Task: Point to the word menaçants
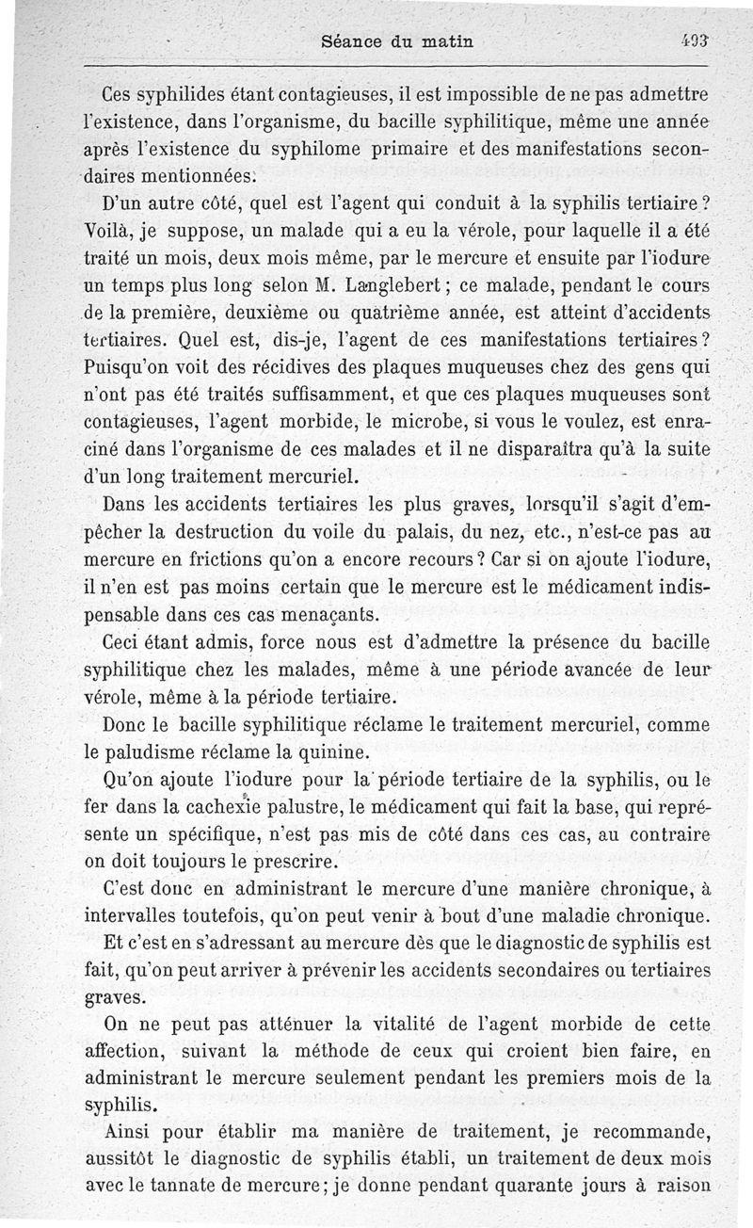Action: pyautogui.click(x=302, y=615)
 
